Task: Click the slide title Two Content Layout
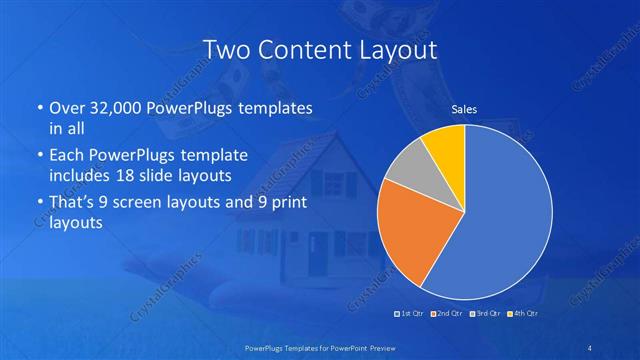pyautogui.click(x=319, y=49)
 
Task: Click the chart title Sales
pyautogui.click(x=464, y=109)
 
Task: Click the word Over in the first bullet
pyautogui.click(x=66, y=107)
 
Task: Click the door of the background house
pyautogui.click(x=318, y=255)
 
